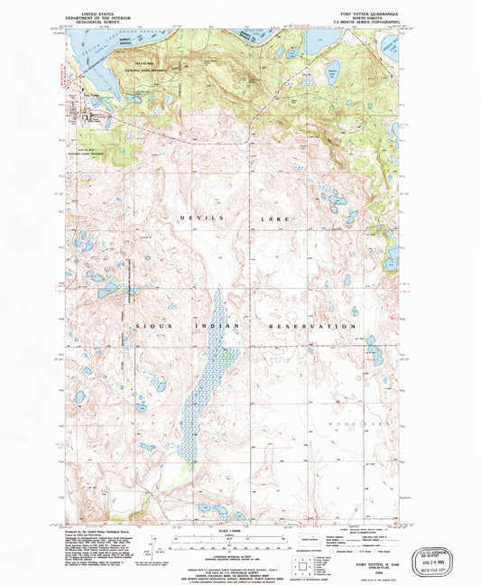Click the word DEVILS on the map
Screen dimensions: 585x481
point(193,219)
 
